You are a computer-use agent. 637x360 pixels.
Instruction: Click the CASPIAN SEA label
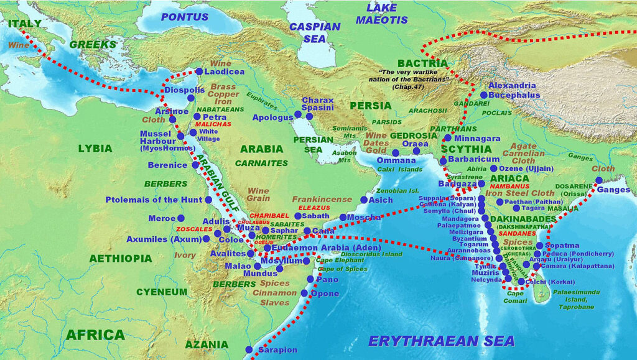click(x=315, y=32)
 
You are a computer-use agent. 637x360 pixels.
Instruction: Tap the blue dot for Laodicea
click(x=199, y=72)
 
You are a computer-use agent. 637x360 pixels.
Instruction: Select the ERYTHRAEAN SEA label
click(x=441, y=341)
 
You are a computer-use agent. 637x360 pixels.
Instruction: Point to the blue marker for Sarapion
click(x=249, y=349)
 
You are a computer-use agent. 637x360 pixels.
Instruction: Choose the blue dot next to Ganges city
click(x=598, y=180)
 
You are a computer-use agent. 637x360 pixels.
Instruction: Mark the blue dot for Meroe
click(x=180, y=218)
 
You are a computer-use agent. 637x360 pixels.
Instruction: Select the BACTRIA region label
click(x=422, y=63)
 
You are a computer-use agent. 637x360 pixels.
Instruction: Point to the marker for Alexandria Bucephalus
click(x=483, y=95)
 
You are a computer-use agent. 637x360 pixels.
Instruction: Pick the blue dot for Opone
click(x=304, y=293)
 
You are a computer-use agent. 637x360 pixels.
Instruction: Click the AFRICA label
click(x=95, y=335)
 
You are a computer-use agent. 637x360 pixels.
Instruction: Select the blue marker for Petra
click(x=197, y=116)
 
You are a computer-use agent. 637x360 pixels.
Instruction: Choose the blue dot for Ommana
click(x=396, y=152)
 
